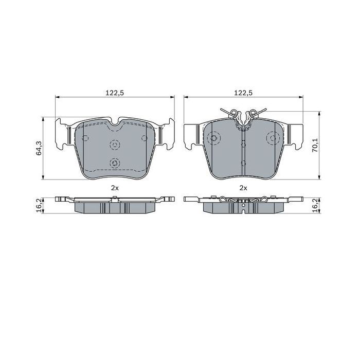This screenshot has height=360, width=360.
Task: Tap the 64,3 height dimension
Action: [x=39, y=148]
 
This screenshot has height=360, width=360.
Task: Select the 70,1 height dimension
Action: [x=316, y=146]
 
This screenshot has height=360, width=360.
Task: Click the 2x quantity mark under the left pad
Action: [x=115, y=188]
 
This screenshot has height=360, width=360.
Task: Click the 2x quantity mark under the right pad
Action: [x=243, y=188]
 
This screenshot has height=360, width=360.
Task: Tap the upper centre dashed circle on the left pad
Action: [x=115, y=145]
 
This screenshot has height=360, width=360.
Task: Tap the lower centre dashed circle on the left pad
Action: [x=115, y=163]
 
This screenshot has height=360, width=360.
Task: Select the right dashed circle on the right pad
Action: [x=273, y=138]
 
